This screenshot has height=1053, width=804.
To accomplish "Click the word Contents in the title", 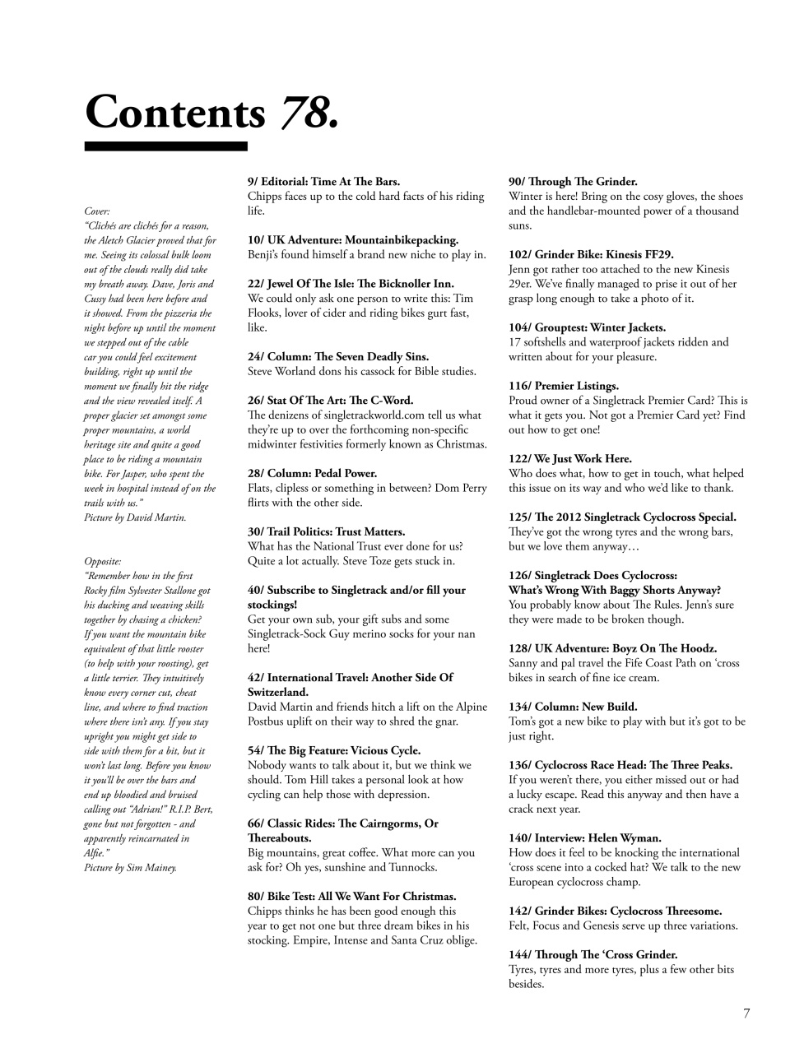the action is (x=175, y=112).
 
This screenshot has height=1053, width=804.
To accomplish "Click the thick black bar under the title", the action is (x=165, y=146).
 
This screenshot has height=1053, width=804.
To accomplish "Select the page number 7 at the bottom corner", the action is (x=746, y=1014).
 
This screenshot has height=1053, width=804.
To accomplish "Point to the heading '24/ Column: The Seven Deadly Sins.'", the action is (x=337, y=357).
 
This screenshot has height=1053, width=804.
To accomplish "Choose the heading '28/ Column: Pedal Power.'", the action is (x=312, y=474).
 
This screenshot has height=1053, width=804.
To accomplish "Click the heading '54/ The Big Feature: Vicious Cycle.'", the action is (x=333, y=751).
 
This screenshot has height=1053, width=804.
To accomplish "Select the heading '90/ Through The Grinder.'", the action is (x=573, y=182).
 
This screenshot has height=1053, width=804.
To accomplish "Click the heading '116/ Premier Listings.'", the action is (x=563, y=386).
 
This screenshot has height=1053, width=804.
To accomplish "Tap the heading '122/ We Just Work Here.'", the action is (x=569, y=459).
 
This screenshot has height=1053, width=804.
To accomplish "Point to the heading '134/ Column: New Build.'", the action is (x=573, y=707).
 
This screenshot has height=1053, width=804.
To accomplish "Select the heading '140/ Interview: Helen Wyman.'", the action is (x=584, y=838).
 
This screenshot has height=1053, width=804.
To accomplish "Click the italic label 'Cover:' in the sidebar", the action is (x=96, y=211).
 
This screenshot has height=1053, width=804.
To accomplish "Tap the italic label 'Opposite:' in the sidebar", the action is (x=103, y=561).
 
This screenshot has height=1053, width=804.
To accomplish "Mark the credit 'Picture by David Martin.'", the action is (x=135, y=517).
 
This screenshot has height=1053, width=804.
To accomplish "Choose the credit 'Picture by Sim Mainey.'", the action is (x=130, y=867).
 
